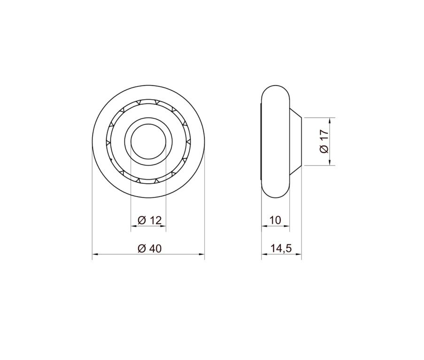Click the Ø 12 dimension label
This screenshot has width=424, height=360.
point(149,220)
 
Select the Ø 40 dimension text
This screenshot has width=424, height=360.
point(149,248)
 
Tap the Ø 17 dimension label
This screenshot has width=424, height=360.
point(324,141)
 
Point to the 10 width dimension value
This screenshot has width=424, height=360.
point(276,220)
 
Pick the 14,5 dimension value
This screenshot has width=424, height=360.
point(281,248)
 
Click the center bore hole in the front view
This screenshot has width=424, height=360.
point(148,141)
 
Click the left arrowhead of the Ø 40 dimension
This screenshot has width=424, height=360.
point(95,254)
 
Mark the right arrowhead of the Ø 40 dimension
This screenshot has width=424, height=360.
point(202,254)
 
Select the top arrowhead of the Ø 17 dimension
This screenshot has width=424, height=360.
point(329,120)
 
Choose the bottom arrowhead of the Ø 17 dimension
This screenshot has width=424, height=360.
point(329,162)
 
